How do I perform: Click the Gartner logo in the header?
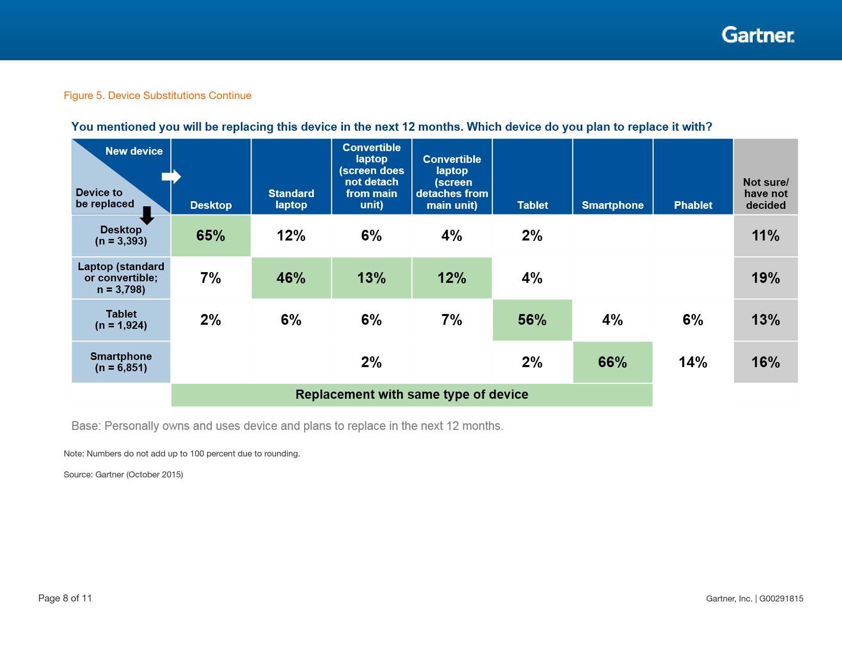click(758, 35)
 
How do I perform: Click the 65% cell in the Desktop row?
click(211, 235)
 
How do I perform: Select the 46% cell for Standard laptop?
click(291, 278)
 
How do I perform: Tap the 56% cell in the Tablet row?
click(532, 320)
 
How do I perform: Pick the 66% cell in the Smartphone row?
click(612, 362)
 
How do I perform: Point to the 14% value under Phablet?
click(693, 362)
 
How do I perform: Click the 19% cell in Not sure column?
click(765, 278)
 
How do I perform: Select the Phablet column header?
click(693, 205)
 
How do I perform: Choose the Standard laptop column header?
click(291, 199)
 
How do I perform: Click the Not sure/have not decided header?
click(765, 194)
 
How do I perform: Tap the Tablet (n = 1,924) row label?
click(121, 320)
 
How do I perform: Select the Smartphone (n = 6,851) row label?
click(121, 362)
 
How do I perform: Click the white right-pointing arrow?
click(171, 177)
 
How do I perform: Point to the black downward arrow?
click(147, 215)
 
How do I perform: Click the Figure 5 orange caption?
click(157, 95)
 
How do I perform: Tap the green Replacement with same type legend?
click(411, 395)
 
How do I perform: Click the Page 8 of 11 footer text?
click(65, 598)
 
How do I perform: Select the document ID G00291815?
click(781, 598)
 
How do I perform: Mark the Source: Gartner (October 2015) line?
click(123, 474)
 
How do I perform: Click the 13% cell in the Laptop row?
click(372, 278)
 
